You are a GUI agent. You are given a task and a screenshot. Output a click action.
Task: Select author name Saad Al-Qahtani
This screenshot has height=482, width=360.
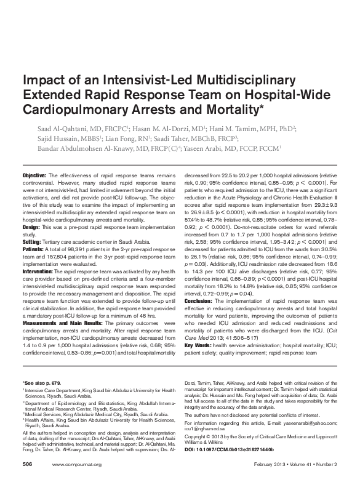tap(60, 129)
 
